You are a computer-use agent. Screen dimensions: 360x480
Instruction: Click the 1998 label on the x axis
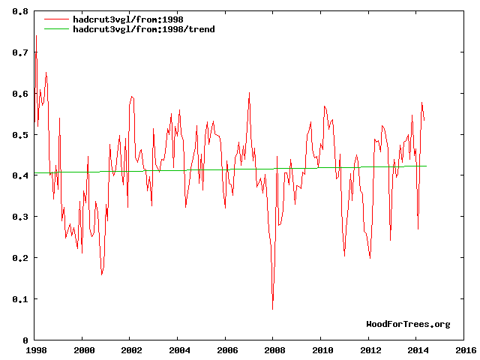point(35,349)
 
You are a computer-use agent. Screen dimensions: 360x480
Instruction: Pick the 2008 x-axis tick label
point(274,349)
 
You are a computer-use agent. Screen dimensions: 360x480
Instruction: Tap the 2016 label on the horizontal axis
point(464,349)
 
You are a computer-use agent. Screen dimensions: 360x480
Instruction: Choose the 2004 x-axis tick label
point(178,349)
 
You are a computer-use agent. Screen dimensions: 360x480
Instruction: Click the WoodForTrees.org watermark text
point(408,325)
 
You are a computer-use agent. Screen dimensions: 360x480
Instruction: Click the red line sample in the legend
point(56,19)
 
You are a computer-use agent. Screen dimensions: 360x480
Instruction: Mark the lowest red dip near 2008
point(272,309)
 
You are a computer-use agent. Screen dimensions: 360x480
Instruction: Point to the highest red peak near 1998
point(36,36)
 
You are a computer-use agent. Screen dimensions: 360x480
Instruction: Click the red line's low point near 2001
point(102,274)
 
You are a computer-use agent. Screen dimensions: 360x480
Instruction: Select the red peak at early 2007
point(249,93)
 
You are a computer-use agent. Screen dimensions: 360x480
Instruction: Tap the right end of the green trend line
point(426,166)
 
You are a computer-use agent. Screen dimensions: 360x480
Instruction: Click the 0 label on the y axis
point(25,340)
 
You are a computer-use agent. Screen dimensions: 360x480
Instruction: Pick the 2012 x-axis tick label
point(369,349)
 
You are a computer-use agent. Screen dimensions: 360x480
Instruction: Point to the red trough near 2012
point(370,258)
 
